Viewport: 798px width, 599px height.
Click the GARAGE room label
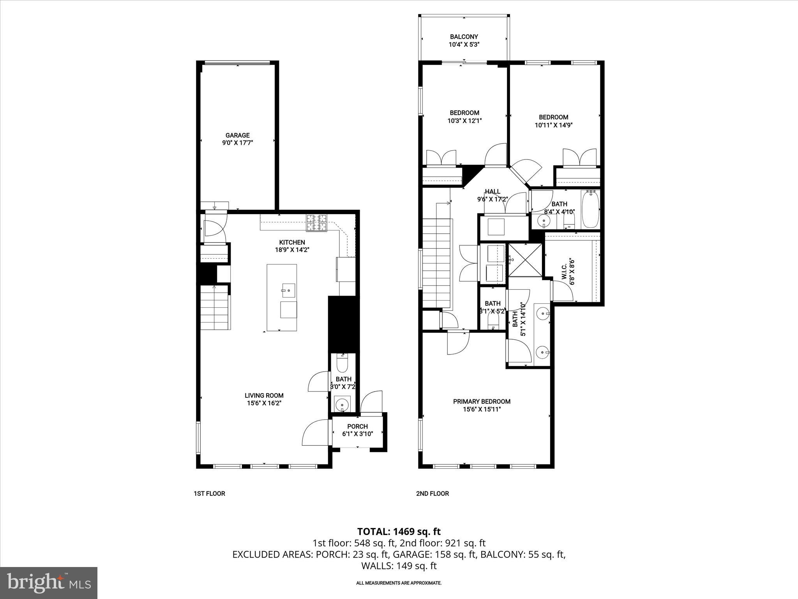tap(237, 135)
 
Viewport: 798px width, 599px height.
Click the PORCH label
tap(357, 426)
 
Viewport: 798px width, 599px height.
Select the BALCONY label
tap(464, 37)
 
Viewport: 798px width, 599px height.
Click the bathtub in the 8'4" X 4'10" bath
tap(591, 209)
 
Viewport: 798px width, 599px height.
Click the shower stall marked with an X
tap(524, 260)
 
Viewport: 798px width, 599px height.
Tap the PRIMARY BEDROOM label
tap(482, 401)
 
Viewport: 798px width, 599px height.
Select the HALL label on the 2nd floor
tap(493, 191)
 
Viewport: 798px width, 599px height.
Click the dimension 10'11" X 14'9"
tap(553, 125)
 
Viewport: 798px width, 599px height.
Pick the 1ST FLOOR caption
tap(209, 493)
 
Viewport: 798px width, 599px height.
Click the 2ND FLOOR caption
tap(432, 493)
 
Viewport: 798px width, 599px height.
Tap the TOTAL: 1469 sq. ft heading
tap(399, 532)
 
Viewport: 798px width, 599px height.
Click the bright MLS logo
tap(49, 583)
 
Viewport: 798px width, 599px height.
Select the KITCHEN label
tap(292, 242)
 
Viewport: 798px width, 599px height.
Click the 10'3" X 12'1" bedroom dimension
tap(464, 121)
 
